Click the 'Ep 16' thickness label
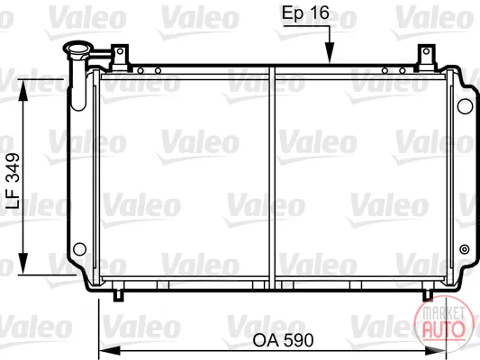(305, 13)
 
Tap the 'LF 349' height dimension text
(14, 181)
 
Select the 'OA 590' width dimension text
(283, 340)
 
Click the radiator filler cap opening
(77, 49)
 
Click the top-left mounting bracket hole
(120, 51)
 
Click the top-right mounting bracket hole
(426, 51)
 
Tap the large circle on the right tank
(465, 106)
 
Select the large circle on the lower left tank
(79, 249)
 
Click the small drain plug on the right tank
(465, 249)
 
